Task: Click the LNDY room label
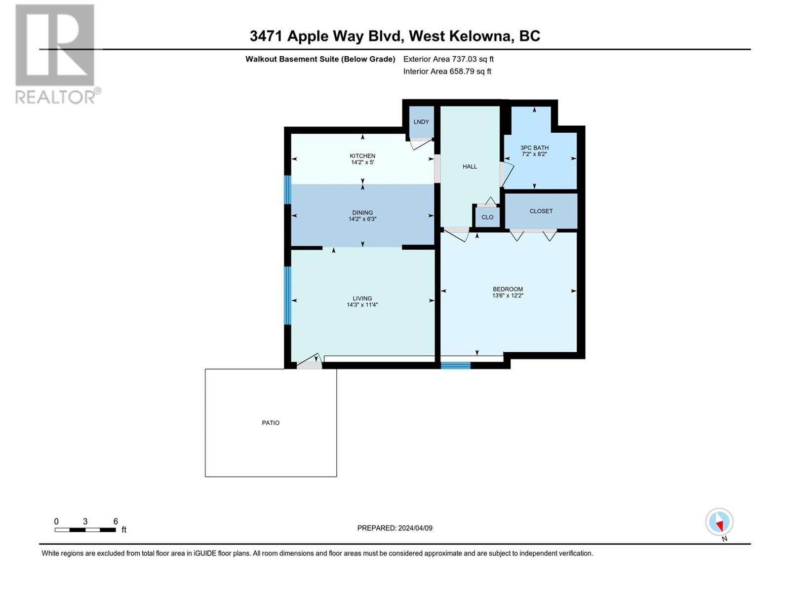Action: click(421, 122)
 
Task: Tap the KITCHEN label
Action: click(362, 155)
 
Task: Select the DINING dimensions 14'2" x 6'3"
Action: click(362, 219)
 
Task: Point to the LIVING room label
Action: click(362, 298)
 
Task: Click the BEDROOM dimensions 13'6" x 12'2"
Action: click(508, 296)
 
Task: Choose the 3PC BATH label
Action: click(534, 148)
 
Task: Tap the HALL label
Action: click(470, 166)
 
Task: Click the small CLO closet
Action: click(487, 217)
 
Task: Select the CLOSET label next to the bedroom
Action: click(541, 211)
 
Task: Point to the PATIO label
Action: click(271, 423)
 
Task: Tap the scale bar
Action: click(85, 530)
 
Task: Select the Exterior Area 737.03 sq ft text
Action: click(448, 59)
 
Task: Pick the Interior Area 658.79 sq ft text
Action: click(447, 71)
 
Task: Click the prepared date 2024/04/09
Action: click(415, 528)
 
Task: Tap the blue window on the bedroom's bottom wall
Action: click(456, 365)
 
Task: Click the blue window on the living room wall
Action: click(287, 296)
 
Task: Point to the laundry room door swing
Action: click(422, 144)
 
